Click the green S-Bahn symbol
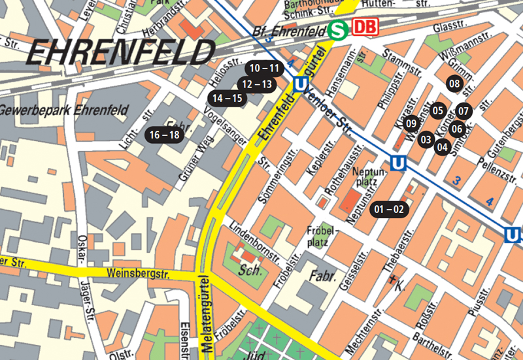point(338,29)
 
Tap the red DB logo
point(365,28)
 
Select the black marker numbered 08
point(454,83)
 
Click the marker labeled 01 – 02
point(390,210)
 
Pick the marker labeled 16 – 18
point(164,135)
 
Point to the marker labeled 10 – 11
point(264,68)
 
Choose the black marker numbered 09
point(411,123)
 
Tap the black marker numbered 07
point(464,110)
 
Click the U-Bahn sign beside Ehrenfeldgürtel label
point(301,84)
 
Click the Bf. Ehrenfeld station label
point(288,31)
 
